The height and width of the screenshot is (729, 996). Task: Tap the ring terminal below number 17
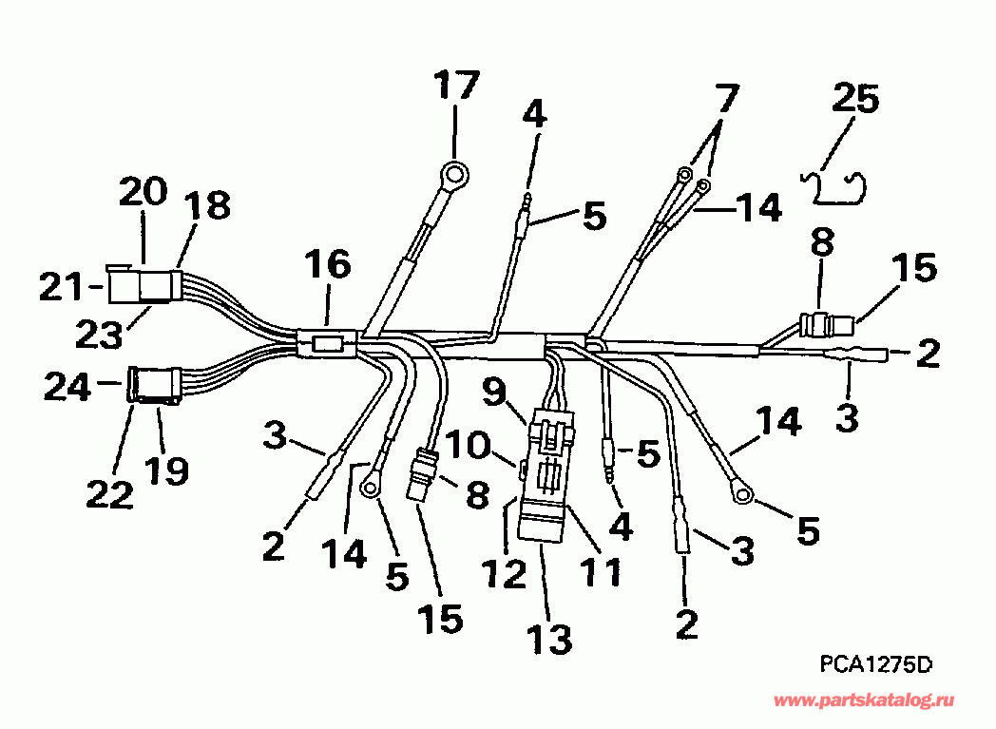455,176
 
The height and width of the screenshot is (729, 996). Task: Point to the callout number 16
328,265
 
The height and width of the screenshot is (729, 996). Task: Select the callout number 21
59,284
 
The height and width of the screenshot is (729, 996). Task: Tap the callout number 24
69,385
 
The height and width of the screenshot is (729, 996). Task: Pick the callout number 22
109,492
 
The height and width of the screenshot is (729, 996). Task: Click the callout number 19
168,469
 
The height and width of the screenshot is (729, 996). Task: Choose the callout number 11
602,570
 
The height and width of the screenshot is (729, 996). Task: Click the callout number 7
725,97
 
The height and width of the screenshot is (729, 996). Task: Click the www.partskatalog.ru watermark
875,701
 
